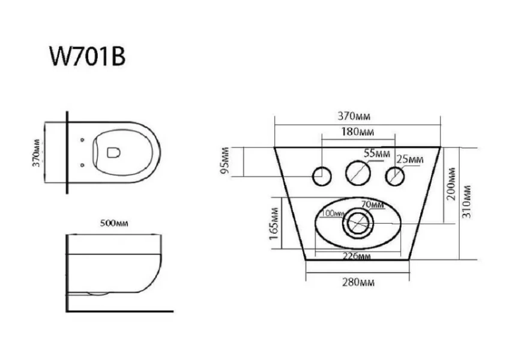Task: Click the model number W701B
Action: click(x=87, y=56)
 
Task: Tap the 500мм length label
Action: click(x=114, y=223)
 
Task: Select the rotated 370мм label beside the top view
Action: click(x=36, y=153)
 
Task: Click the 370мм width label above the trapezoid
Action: click(x=354, y=116)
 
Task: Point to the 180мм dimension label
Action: click(x=357, y=131)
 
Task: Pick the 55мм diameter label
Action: click(x=377, y=153)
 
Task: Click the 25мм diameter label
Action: click(x=410, y=160)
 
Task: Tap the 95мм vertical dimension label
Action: click(x=224, y=160)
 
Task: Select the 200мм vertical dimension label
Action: click(x=451, y=184)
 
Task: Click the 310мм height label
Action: click(x=466, y=202)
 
